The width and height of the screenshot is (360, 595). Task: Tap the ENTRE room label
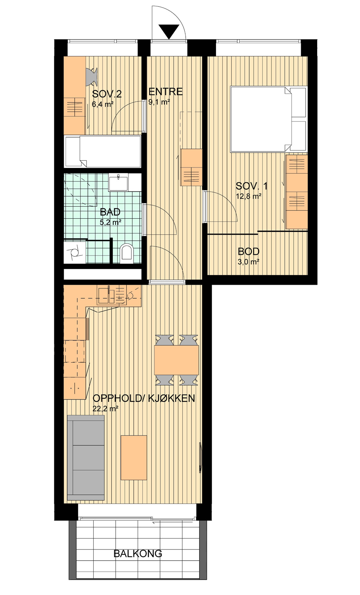coord(166,92)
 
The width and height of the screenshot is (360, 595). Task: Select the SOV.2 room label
coord(107,94)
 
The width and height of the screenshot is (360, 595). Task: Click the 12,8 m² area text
coord(249,196)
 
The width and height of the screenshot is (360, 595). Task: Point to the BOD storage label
coord(249,251)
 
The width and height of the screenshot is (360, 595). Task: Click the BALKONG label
coord(138,553)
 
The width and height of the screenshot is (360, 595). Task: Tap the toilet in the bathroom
coord(126,252)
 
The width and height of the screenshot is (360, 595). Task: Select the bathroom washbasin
coord(118,182)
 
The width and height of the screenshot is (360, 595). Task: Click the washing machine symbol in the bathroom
coord(75,252)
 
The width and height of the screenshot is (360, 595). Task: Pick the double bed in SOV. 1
coord(268,119)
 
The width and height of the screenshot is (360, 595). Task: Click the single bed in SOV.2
coord(102,152)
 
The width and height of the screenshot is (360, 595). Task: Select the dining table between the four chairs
coord(176,360)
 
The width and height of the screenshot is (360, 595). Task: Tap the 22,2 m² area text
coord(106,409)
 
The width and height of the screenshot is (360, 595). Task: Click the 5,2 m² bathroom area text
coord(110,222)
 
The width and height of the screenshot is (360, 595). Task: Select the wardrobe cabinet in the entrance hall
coord(191,167)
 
